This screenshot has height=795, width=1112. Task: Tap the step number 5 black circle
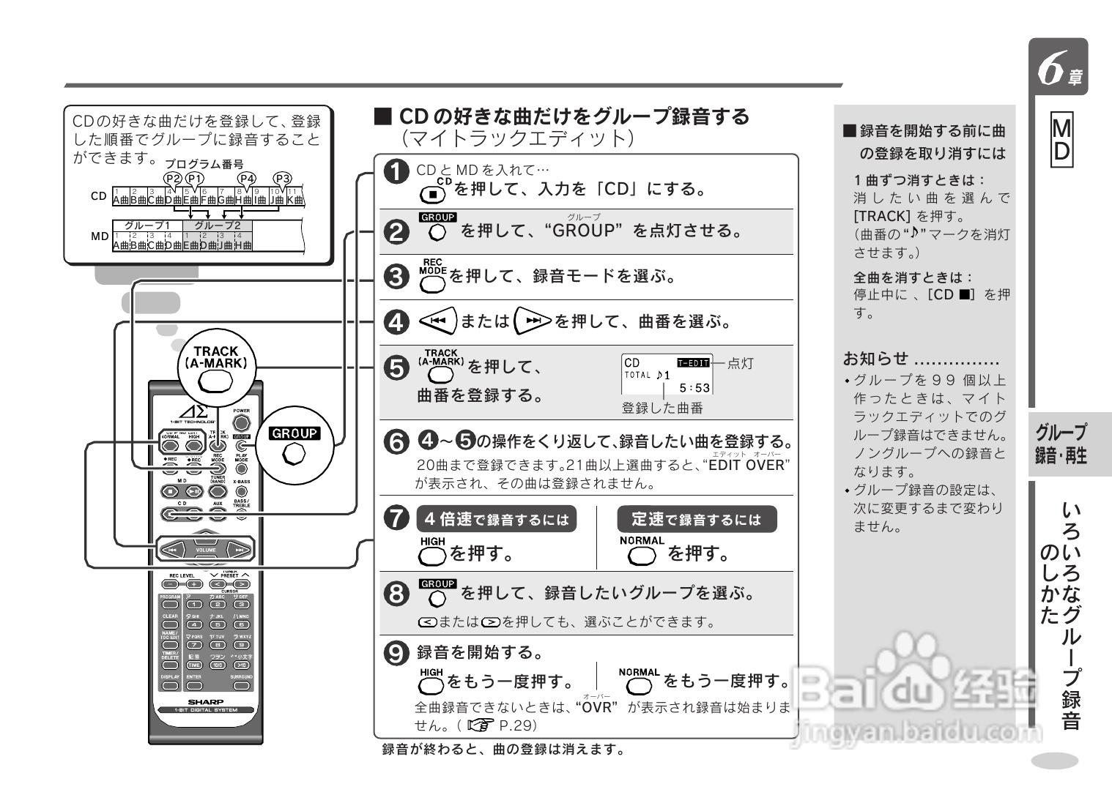[396, 367]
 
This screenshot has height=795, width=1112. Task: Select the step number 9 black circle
[396, 652]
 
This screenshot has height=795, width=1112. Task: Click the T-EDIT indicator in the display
[693, 362]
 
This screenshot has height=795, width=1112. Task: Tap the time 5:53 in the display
[694, 388]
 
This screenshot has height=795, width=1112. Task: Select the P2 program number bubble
[172, 178]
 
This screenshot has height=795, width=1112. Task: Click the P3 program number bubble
[282, 178]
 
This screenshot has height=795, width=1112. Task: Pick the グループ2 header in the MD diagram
[217, 225]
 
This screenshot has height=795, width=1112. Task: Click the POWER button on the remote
[241, 422]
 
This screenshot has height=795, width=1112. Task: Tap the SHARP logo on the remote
[205, 701]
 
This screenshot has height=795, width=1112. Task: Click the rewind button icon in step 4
[437, 321]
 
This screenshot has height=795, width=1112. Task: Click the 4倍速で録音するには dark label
[497, 519]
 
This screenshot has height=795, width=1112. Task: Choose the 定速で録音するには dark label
[697, 519]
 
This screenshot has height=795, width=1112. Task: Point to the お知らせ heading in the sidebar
[875, 359]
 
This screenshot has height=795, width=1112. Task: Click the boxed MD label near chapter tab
[1061, 140]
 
